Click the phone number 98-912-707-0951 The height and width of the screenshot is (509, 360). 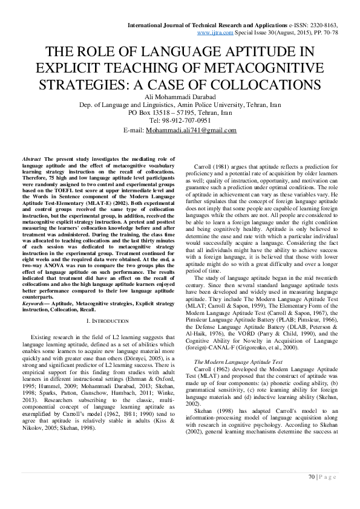coord(187,120)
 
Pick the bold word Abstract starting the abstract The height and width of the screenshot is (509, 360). coord(31,157)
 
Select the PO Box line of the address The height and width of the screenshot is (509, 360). coord(180,112)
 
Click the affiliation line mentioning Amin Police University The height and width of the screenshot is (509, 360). coord(180,105)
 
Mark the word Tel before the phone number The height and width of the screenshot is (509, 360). coord(153,120)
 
